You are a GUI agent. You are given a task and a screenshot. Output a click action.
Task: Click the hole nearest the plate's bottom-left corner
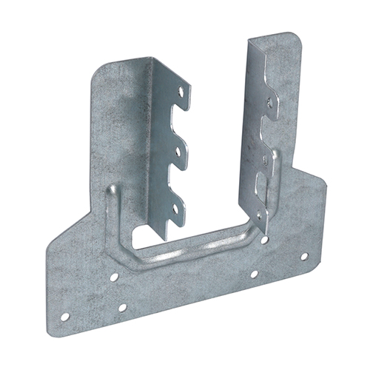coord(65,317)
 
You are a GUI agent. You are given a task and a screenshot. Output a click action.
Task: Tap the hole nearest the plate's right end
coord(303,256)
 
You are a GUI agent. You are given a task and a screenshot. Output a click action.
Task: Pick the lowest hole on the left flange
coord(175,209)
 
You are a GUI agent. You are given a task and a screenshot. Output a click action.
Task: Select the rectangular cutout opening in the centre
coord(159,229)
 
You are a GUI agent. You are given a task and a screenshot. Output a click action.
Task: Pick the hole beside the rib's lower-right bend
coord(264,239)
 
